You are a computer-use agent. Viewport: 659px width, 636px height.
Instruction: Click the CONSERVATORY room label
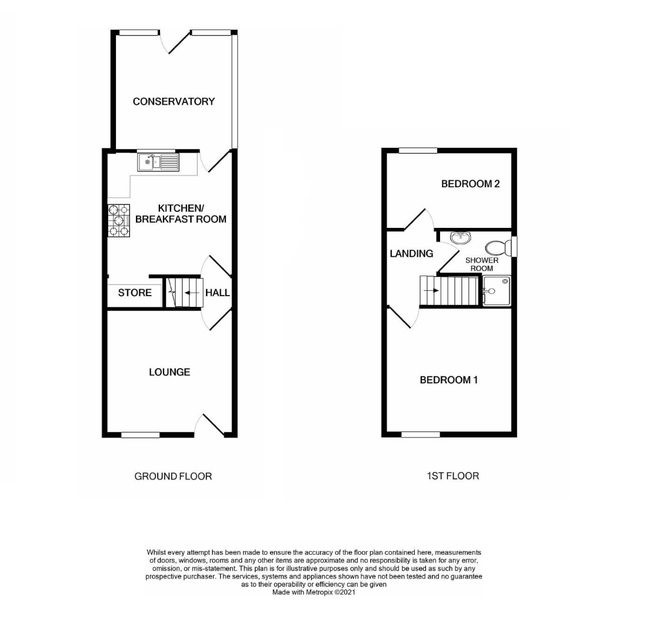click(x=174, y=101)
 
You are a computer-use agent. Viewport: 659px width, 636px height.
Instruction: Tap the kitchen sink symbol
click(x=158, y=162)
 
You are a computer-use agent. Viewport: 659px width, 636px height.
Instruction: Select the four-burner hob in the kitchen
click(x=119, y=220)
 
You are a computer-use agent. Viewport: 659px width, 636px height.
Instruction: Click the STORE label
click(x=135, y=293)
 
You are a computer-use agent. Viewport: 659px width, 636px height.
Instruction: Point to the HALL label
click(x=217, y=293)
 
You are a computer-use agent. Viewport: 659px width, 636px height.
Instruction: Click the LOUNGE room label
click(x=169, y=372)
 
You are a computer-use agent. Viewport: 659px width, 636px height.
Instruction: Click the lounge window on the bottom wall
click(x=140, y=435)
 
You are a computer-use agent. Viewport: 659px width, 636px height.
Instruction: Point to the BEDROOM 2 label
click(x=470, y=184)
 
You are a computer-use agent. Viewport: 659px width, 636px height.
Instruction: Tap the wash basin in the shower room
click(x=461, y=237)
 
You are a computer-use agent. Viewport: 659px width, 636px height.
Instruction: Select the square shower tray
click(x=496, y=291)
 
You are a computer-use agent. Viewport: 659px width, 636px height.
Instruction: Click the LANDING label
click(x=411, y=254)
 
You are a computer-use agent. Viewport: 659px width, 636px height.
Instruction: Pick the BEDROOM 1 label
click(x=448, y=380)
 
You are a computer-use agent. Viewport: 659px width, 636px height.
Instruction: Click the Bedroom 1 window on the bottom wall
click(x=420, y=435)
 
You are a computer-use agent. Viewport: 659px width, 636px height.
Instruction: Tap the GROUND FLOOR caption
click(x=173, y=476)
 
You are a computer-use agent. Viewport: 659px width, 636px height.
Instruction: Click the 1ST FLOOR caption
click(x=452, y=475)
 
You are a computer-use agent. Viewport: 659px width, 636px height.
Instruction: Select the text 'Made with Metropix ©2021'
click(x=314, y=592)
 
